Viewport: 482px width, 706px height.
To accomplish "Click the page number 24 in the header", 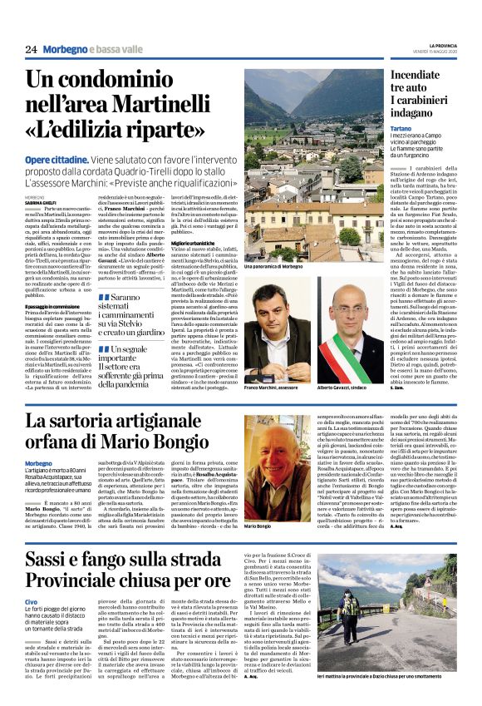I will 32,49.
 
